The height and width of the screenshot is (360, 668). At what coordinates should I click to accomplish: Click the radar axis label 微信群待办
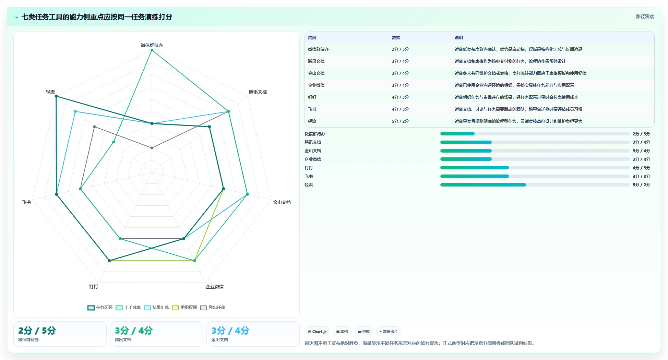coord(152,45)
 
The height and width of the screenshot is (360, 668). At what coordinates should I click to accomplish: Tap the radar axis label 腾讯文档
coord(258,92)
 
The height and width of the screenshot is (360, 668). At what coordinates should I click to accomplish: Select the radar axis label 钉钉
coord(94,287)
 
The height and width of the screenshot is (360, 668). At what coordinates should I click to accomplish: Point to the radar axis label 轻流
coord(50,92)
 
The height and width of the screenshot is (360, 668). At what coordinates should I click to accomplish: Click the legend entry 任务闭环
coord(100,308)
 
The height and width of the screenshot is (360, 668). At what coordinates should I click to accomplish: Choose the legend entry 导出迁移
coord(213,308)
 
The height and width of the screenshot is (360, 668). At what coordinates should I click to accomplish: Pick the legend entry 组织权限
coord(184,308)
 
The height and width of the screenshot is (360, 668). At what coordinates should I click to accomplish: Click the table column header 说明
coord(459,38)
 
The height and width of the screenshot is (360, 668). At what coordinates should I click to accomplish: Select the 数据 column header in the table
coord(396,38)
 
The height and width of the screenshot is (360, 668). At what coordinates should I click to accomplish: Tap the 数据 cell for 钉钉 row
coord(400,97)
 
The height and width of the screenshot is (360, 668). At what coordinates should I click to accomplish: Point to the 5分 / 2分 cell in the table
coord(400,121)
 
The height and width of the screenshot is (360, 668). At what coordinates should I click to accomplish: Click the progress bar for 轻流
coord(535,185)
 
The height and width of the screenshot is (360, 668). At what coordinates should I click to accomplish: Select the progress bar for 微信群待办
coord(535,134)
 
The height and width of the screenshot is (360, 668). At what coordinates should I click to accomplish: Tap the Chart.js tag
coord(317,332)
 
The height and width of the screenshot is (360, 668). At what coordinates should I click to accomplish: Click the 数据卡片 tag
coord(389,332)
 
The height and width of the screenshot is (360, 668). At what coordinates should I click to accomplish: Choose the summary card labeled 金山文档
coord(253,334)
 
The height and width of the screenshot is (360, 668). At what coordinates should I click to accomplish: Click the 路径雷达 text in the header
coord(645,16)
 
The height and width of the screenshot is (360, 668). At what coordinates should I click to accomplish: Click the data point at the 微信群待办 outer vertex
coord(152,50)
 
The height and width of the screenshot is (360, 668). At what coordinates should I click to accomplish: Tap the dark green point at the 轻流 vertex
coord(56,96)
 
